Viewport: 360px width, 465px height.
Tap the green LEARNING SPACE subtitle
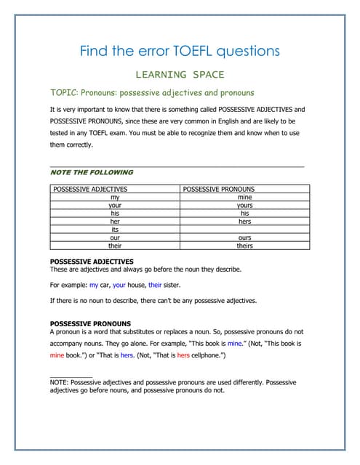point(180,74)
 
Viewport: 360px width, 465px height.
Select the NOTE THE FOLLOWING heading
point(91,172)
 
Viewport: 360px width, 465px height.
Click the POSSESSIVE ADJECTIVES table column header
point(90,189)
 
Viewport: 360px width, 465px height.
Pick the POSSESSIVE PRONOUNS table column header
point(219,189)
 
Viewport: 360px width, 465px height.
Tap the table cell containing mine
point(244,197)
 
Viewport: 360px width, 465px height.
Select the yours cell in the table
point(244,205)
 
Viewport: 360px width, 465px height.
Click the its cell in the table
point(114,230)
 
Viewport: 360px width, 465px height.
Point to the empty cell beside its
point(244,230)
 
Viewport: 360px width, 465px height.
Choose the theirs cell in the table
point(244,246)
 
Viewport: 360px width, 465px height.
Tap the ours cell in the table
point(244,238)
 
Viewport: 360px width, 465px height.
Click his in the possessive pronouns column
point(244,214)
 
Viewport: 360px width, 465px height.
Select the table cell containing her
point(114,222)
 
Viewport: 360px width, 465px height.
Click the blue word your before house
point(119,286)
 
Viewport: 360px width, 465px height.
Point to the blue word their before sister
point(155,286)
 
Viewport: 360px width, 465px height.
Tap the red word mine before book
point(57,356)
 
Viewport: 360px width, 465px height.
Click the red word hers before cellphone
point(183,356)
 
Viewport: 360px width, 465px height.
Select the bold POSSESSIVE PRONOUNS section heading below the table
point(90,323)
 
